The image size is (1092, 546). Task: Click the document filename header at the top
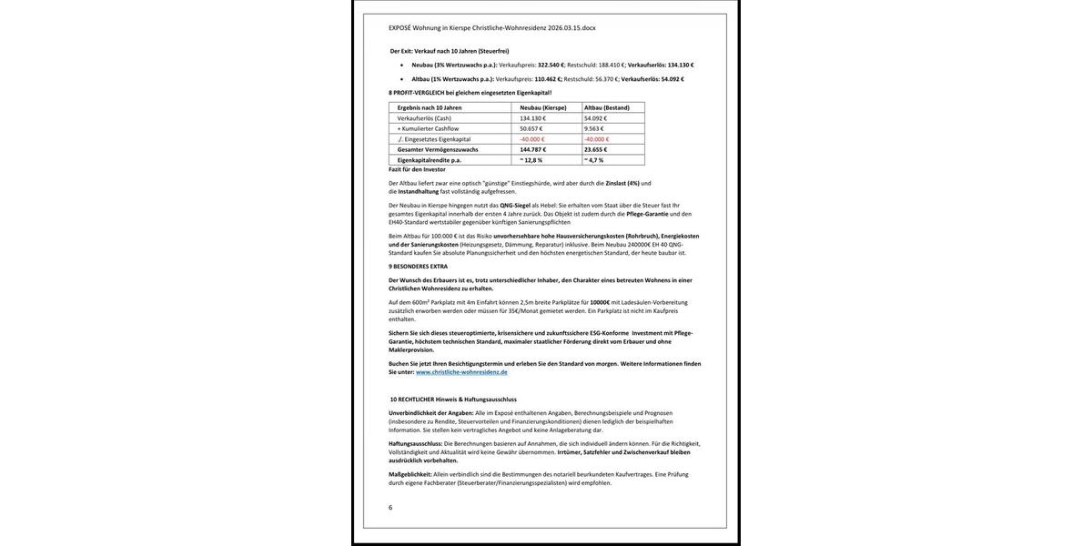point(491,28)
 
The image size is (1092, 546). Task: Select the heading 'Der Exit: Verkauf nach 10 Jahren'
point(450,51)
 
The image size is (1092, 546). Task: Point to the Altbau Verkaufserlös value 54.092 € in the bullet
point(672,79)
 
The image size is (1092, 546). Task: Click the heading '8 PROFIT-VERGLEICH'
point(470,93)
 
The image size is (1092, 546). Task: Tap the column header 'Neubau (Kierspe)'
point(543,107)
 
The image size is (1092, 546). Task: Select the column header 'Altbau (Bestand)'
point(607,107)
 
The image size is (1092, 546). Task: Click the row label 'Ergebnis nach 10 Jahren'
point(430,107)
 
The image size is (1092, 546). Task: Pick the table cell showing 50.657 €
point(531,128)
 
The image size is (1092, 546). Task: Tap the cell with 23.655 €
point(597,149)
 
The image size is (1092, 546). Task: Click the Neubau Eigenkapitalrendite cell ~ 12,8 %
point(531,160)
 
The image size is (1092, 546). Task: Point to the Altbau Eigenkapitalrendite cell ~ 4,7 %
point(594,160)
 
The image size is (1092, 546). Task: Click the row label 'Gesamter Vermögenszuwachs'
point(438,149)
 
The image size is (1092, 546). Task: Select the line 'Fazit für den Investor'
point(417,169)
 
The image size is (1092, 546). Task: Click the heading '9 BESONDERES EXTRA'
point(419,267)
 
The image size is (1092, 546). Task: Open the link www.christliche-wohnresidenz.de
point(461,372)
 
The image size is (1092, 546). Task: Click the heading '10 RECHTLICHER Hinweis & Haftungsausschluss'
point(453,399)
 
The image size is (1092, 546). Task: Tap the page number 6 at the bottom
point(390,508)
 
